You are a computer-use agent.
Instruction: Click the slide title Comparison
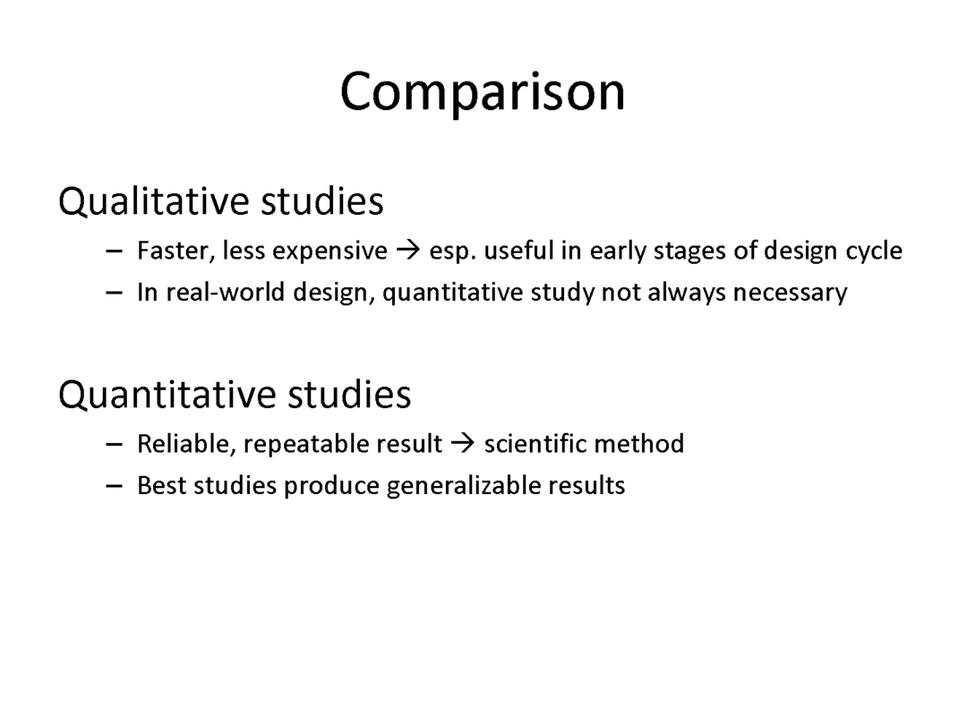483,92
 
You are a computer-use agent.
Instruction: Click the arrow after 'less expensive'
408,251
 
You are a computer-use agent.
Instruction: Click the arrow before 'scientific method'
463,443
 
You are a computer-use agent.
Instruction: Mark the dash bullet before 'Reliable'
114,445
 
